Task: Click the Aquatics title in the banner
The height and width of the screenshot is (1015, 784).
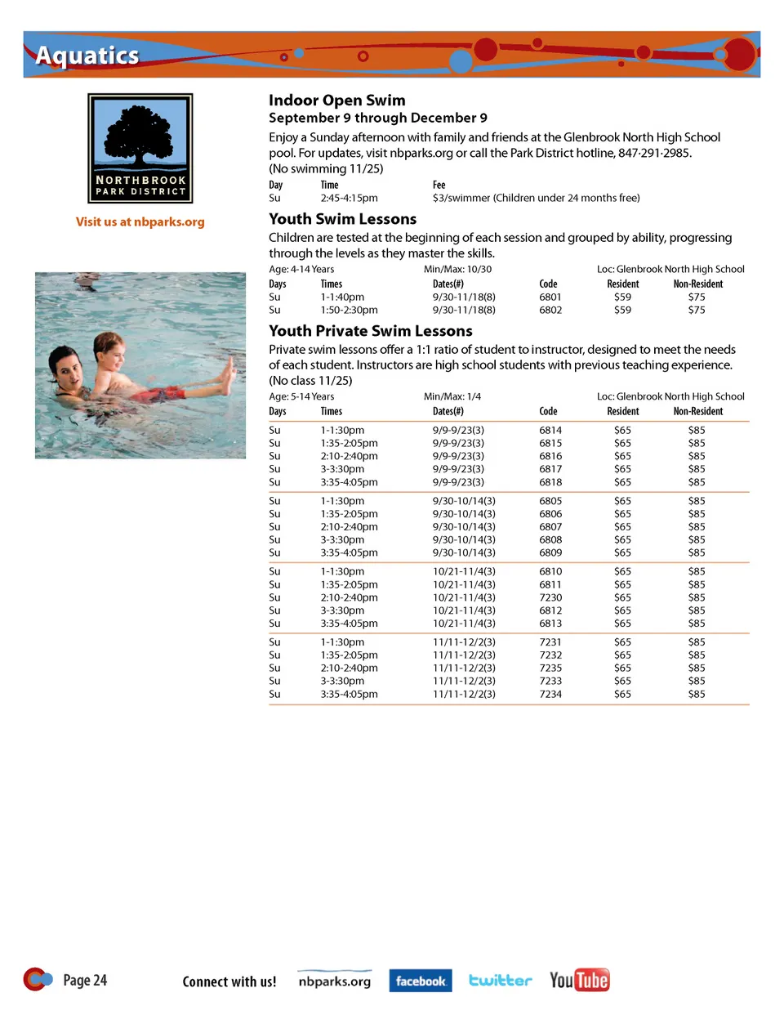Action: tap(87, 56)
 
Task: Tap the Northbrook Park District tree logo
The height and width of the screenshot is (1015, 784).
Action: tap(140, 148)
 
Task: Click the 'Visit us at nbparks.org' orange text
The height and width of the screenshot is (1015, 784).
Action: tap(140, 221)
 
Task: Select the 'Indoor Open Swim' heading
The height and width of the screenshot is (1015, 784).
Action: tap(336, 101)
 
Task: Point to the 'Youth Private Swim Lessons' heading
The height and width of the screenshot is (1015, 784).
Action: tap(371, 331)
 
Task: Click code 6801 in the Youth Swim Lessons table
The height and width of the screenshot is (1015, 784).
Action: tap(550, 297)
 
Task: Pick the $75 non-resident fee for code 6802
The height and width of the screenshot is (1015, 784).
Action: tap(696, 311)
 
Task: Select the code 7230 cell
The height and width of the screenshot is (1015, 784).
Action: tap(550, 598)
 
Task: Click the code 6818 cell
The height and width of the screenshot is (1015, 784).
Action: tap(550, 483)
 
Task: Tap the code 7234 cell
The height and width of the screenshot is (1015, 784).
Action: tap(550, 695)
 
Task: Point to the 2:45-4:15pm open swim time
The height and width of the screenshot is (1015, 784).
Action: tap(349, 198)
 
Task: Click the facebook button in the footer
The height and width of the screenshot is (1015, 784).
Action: tap(421, 981)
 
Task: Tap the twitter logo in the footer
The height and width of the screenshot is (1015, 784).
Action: tap(500, 981)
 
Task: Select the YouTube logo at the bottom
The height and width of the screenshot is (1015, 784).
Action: tap(579, 980)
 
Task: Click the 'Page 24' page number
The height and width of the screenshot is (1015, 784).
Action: tap(85, 981)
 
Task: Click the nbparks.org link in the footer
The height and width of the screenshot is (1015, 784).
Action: tap(334, 981)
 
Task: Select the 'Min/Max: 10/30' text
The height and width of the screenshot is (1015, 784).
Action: tap(457, 270)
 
